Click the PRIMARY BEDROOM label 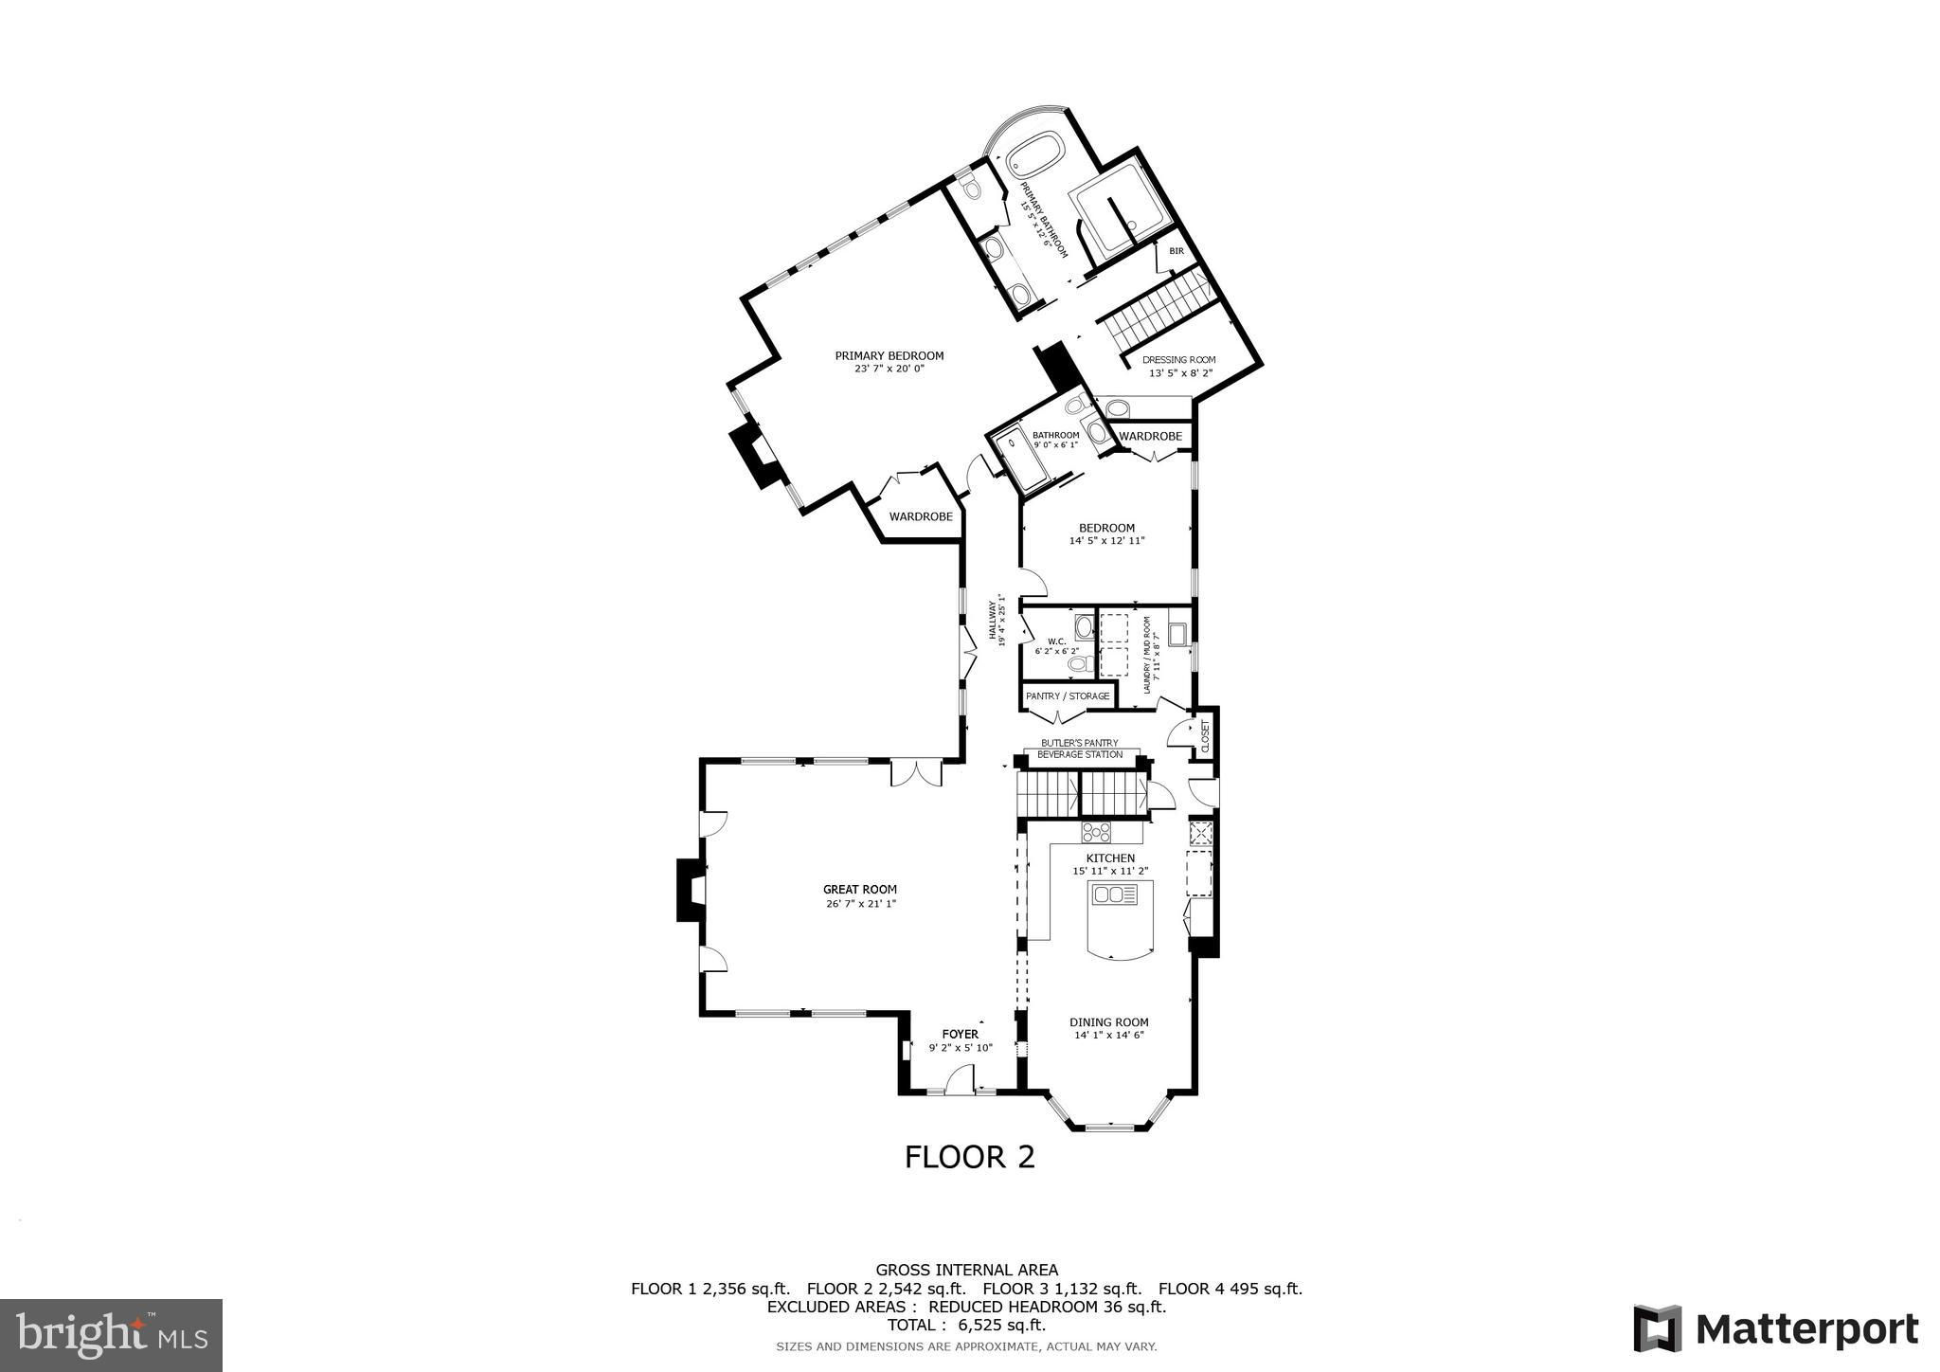point(889,356)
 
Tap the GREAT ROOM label point(860,890)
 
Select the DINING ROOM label point(1109,1022)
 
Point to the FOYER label point(961,1034)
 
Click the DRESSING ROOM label point(1178,360)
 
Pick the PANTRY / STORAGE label point(1068,696)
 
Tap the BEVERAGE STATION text point(1080,755)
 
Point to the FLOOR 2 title point(970,1157)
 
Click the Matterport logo point(1775,1328)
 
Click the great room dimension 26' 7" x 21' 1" point(860,904)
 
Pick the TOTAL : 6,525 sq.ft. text point(966,1325)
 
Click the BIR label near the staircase point(1177,251)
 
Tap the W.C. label point(1057,641)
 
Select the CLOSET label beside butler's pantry point(1206,736)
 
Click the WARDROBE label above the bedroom point(1151,436)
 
